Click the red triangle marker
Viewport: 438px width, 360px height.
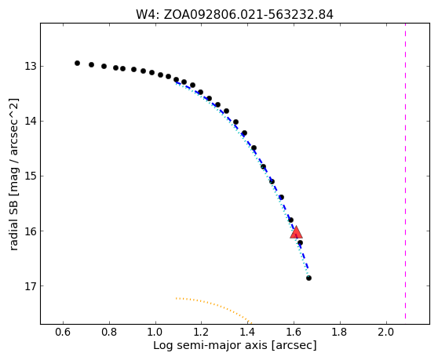point(296,232)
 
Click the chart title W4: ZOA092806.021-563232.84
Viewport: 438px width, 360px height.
point(235,15)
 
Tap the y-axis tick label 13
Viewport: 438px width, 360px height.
point(31,67)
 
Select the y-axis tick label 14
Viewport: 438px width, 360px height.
point(31,122)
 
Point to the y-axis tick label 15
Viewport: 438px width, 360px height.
point(31,176)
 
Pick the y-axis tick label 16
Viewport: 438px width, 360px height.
point(31,231)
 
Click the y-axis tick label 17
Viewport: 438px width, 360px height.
point(31,286)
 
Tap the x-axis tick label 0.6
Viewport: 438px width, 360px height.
point(63,332)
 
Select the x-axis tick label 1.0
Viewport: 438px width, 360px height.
point(155,332)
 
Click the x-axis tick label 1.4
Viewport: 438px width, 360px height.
point(248,332)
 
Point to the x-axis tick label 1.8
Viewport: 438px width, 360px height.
point(340,332)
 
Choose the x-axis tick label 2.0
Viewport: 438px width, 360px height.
point(386,332)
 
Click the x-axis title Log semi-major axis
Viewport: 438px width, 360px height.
point(210,345)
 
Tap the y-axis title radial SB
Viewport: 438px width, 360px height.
point(13,220)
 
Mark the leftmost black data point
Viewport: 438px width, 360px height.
point(78,64)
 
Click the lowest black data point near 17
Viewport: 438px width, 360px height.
point(308,278)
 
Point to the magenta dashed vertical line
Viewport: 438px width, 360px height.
point(405,173)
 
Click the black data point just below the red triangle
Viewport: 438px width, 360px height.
point(300,243)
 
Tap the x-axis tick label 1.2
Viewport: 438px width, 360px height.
point(202,332)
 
